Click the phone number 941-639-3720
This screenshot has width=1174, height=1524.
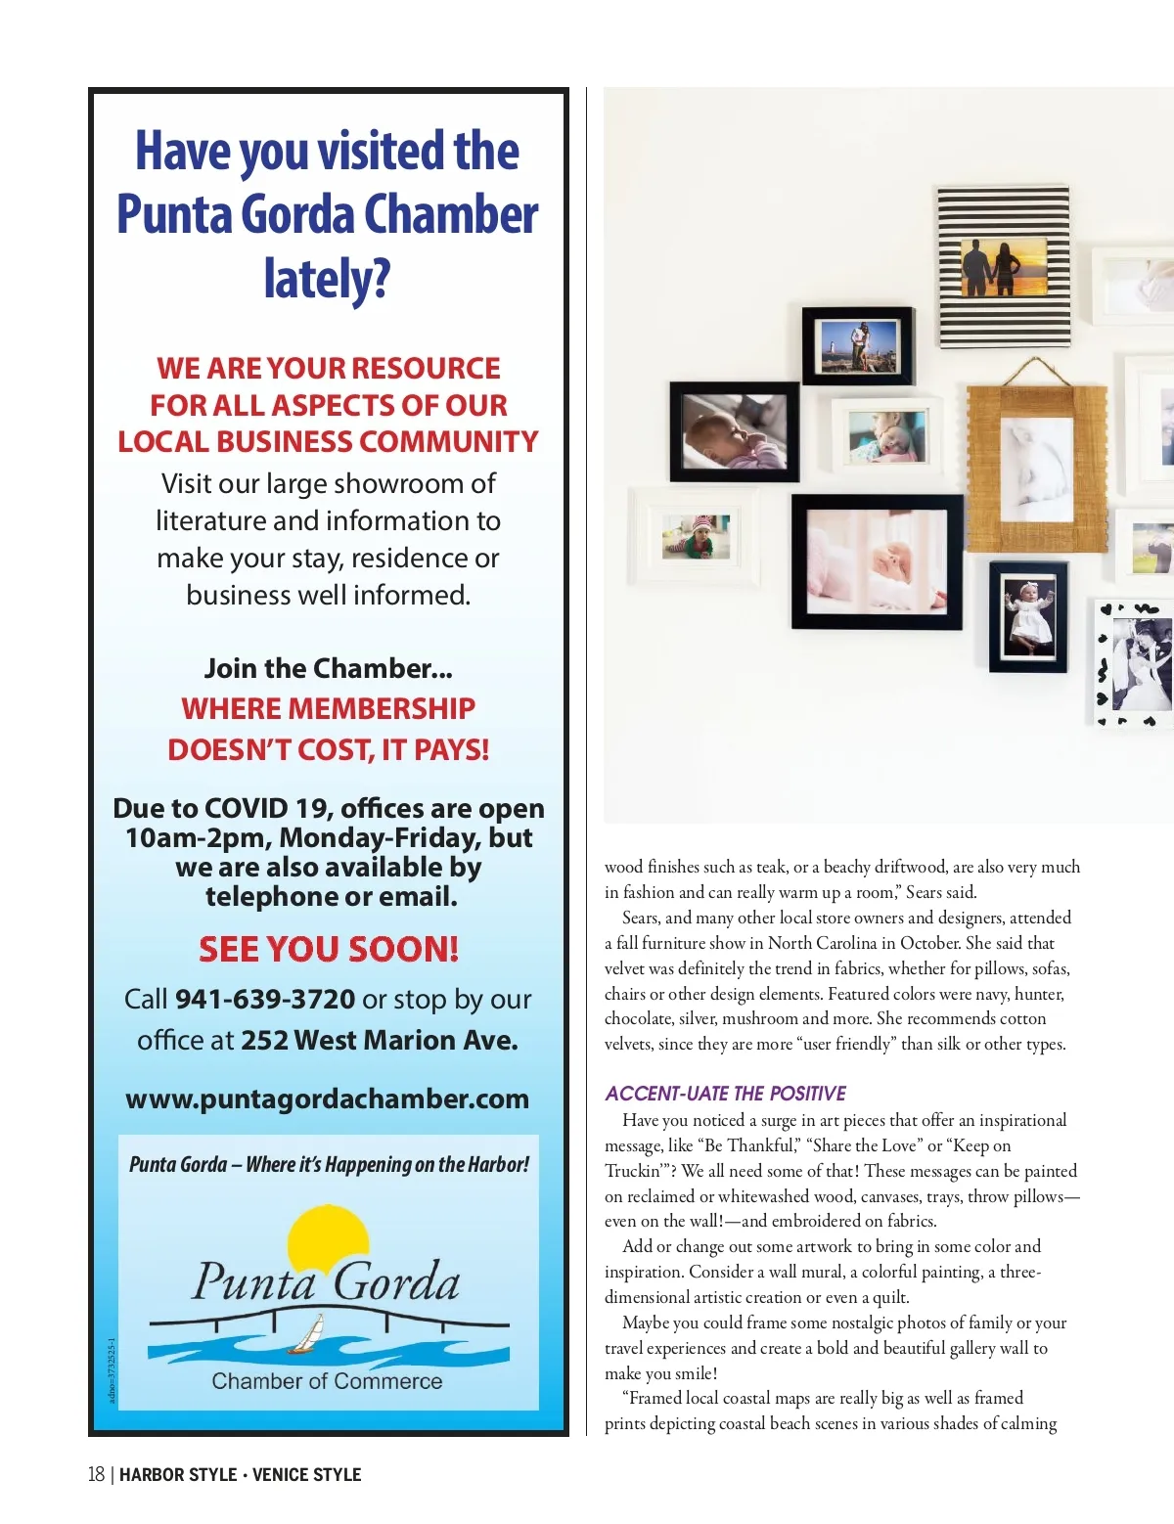click(264, 1000)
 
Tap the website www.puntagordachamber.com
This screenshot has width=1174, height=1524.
click(327, 1099)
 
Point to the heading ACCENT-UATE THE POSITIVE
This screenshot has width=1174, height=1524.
click(725, 1094)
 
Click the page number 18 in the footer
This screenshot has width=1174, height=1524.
click(96, 1475)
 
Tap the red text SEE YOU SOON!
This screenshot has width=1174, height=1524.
click(329, 950)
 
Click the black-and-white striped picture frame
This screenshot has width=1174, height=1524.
click(1003, 266)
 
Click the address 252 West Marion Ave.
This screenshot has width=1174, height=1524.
click(379, 1040)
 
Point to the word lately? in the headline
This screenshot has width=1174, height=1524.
click(327, 279)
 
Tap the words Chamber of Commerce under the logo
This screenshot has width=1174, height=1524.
click(327, 1381)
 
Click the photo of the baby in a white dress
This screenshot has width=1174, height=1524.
click(1027, 617)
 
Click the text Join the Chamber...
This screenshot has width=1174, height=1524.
click(327, 669)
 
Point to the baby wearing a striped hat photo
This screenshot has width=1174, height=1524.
click(696, 537)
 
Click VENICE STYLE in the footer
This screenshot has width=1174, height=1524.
click(306, 1475)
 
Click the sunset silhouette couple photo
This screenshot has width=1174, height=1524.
click(1003, 267)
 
